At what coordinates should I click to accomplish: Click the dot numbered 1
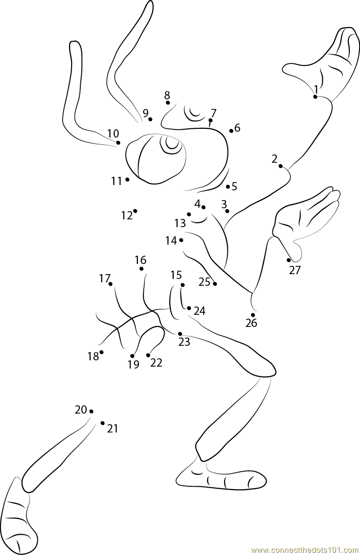(x=315, y=97)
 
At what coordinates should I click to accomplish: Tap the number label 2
(x=274, y=159)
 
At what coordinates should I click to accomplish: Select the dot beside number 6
(x=231, y=131)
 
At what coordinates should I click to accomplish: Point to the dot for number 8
(x=167, y=103)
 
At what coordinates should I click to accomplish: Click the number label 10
(x=113, y=133)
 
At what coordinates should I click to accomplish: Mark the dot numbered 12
(x=135, y=211)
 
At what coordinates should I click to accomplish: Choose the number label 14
(x=171, y=240)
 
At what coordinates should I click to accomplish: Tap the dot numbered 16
(x=141, y=269)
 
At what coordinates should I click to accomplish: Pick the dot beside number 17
(x=110, y=284)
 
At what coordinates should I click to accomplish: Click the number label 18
(x=93, y=356)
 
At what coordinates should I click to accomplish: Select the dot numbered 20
(x=91, y=411)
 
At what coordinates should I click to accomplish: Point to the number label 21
(x=113, y=429)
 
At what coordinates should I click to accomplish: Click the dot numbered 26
(x=253, y=315)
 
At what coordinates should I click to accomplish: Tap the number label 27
(x=295, y=270)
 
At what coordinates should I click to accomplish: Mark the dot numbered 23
(x=180, y=334)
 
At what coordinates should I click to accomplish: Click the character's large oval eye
(x=156, y=158)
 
